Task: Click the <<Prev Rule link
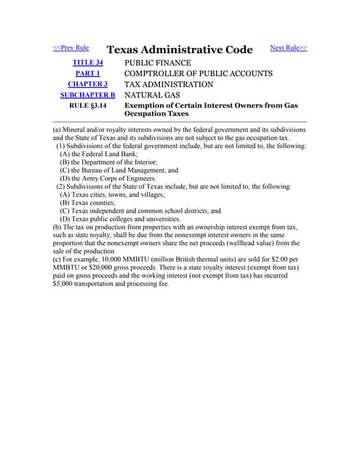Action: coord(71,48)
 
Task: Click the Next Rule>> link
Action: coord(288,48)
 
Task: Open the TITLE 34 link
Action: coord(87,63)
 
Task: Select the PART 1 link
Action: coord(87,73)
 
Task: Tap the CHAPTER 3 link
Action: coord(87,84)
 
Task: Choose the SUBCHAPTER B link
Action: coord(87,94)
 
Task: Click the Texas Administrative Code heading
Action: coord(180,50)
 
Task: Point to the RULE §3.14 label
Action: coord(87,105)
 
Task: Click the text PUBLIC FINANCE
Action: coord(161,63)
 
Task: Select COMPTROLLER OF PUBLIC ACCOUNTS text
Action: coord(199,73)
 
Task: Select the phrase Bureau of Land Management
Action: coord(116,170)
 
